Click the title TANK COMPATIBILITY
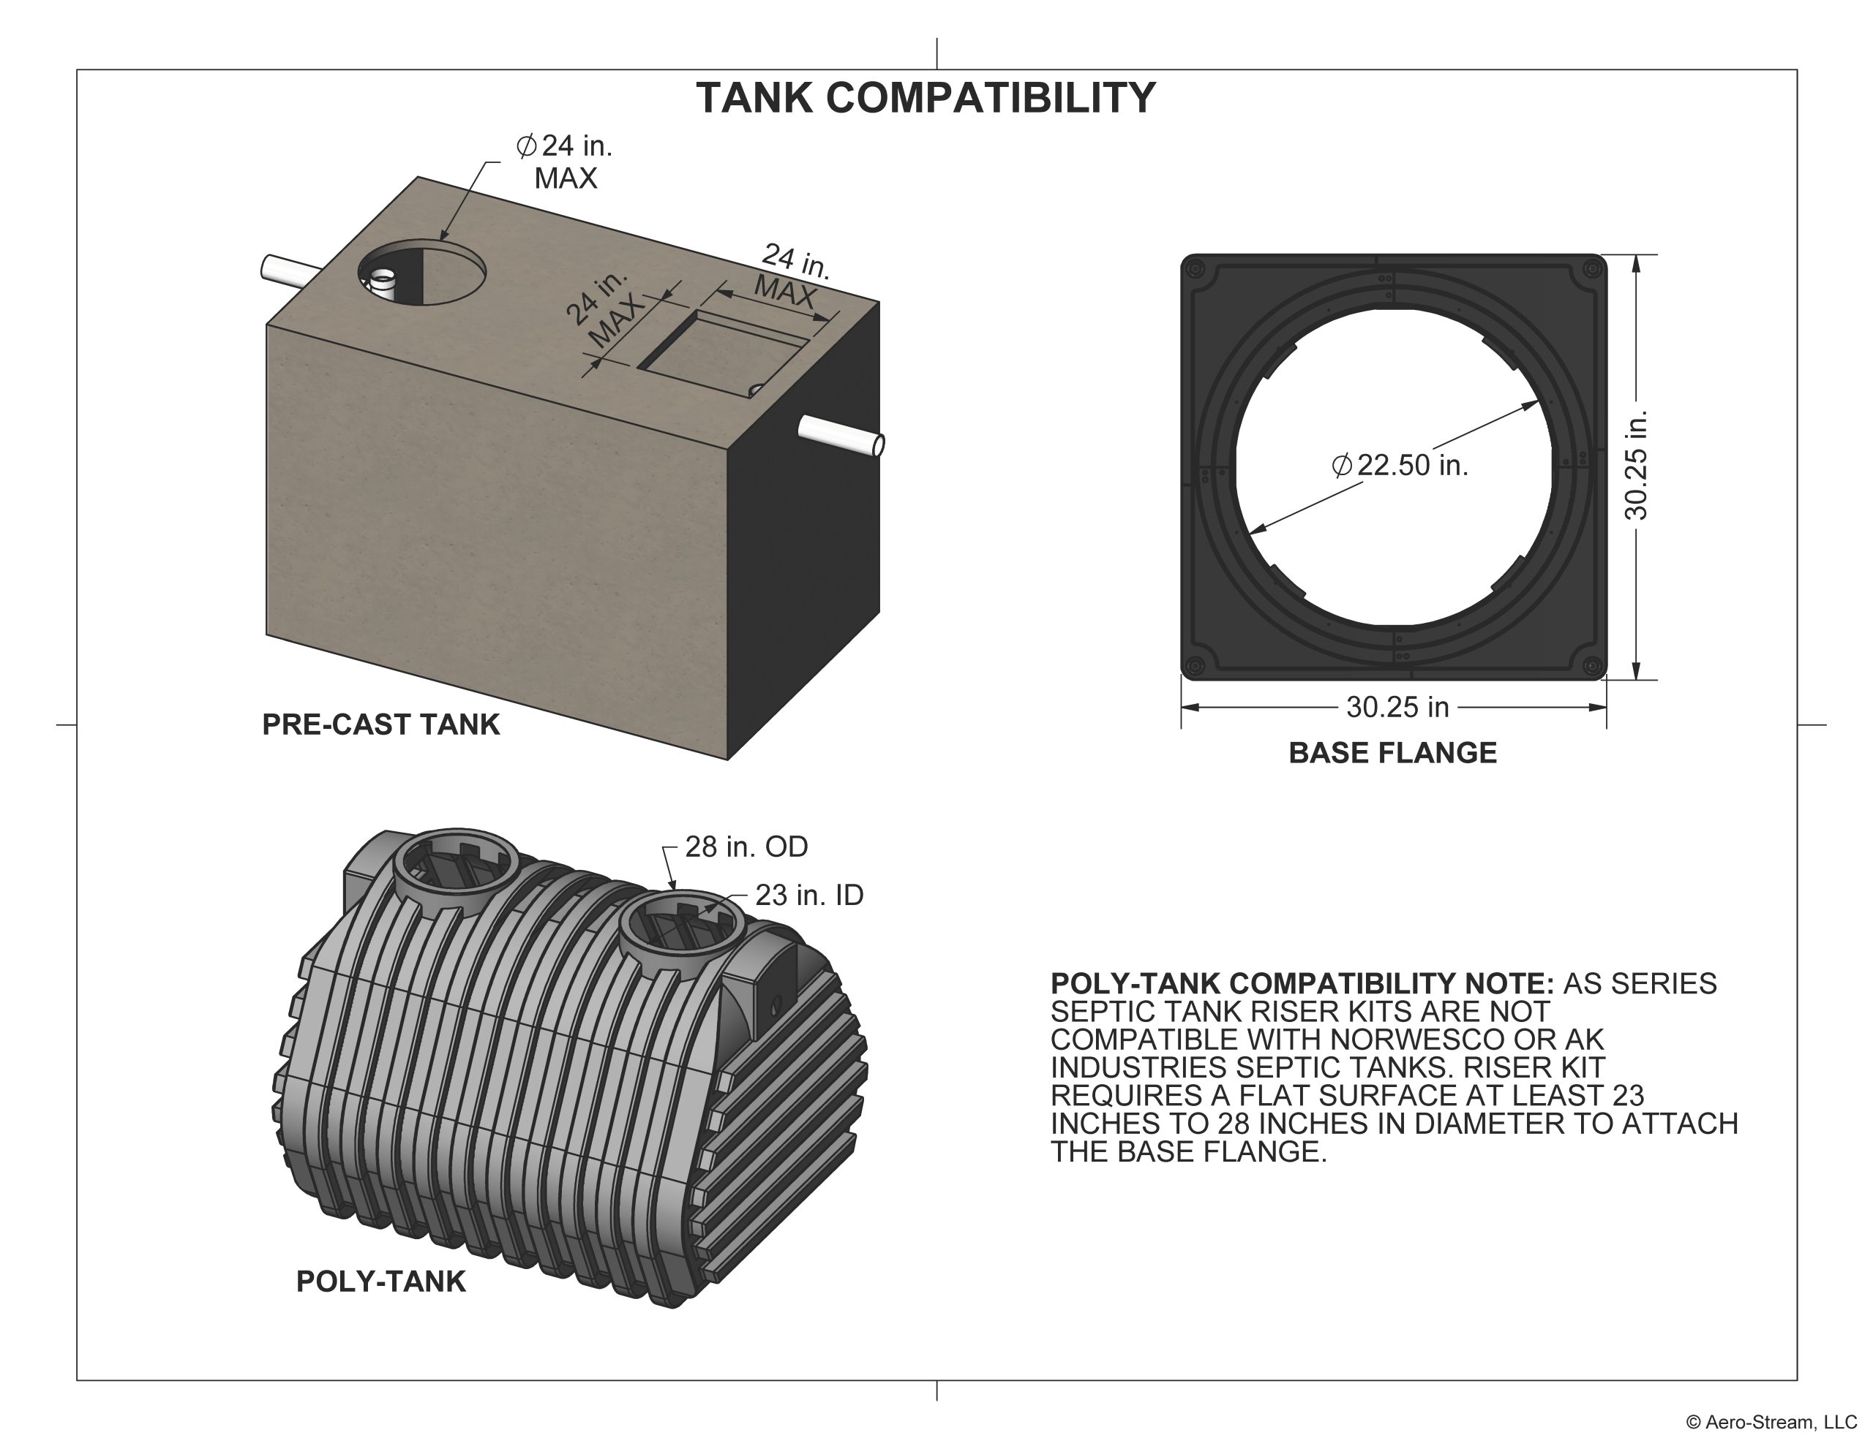[926, 98]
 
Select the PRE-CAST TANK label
[380, 724]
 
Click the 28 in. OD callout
[746, 847]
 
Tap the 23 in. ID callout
[808, 895]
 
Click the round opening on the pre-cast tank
[422, 272]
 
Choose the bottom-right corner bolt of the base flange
[1592, 665]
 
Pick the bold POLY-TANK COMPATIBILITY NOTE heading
[1302, 983]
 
